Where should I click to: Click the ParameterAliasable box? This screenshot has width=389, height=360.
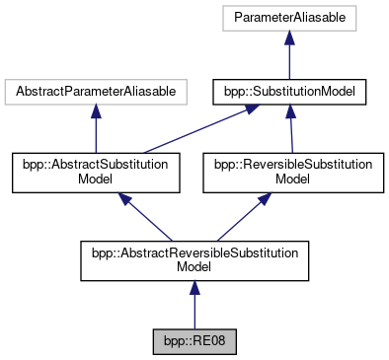coord(289,18)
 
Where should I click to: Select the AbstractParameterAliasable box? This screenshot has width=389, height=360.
coord(96,92)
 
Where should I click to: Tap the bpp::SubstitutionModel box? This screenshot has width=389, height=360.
coord(289,92)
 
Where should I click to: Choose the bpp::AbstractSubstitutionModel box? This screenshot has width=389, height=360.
coord(96,173)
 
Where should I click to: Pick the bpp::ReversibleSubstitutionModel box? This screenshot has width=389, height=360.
coord(293,173)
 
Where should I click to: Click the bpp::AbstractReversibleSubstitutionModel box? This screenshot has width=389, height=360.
coord(194,260)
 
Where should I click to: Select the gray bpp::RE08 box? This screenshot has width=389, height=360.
coord(194,341)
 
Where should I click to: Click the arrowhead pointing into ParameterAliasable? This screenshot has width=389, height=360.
coord(289,37)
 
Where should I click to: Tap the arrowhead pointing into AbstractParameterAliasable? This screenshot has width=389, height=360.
coord(96,111)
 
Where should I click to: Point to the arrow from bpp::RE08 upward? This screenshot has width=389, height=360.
coord(194,305)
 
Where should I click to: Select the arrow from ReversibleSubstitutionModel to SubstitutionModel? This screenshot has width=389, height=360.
coord(291,129)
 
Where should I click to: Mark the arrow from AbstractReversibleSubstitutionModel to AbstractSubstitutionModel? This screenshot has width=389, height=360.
coord(145,217)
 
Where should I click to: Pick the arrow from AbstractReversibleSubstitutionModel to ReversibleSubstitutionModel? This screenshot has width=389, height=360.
coord(244,217)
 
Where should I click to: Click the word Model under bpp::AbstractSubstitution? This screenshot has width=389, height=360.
coord(95,180)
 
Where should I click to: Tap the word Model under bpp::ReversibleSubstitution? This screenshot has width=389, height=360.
coord(292,180)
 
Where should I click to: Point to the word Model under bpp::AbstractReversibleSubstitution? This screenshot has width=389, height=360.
coord(194,266)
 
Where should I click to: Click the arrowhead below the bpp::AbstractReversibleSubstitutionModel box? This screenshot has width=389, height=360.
coord(194,287)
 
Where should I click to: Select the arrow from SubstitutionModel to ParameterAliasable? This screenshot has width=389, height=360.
coord(289,55)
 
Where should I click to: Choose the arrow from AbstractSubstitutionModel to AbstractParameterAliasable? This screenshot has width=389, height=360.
coord(96,128)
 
